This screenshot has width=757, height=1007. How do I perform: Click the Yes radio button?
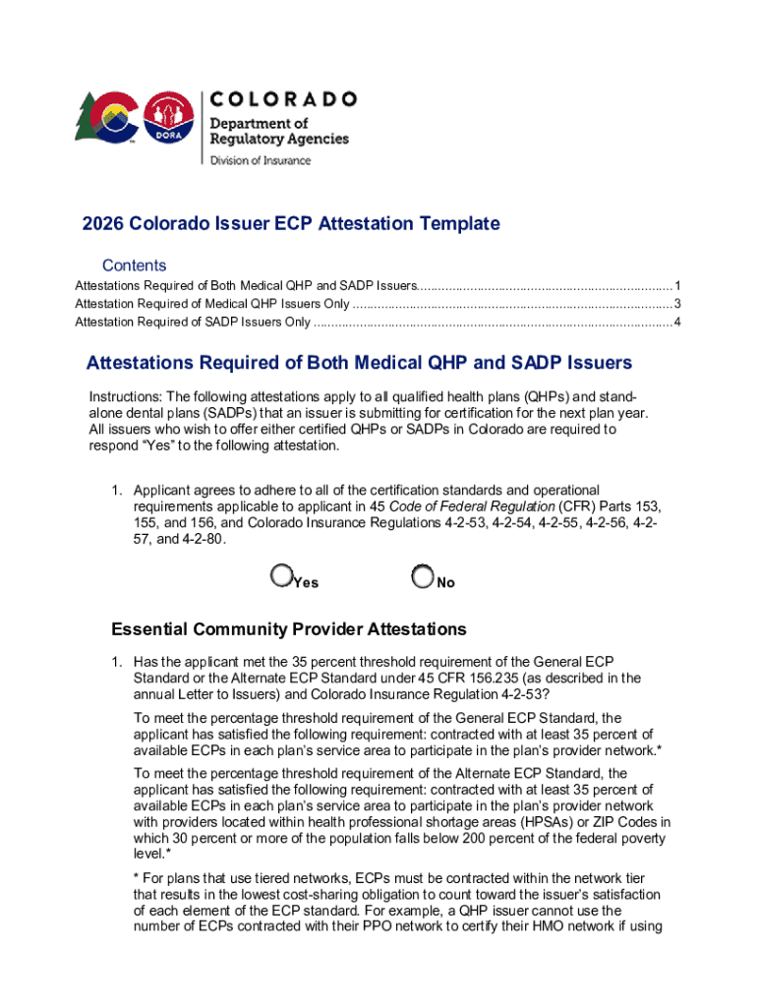pos(281,575)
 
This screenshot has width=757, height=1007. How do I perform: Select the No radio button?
pos(423,575)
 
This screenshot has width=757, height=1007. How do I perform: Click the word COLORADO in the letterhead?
pos(283,99)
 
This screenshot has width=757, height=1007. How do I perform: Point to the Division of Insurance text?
pos(261,160)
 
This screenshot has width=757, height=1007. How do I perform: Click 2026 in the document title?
pos(104,224)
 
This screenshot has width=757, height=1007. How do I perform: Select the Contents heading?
pos(135,266)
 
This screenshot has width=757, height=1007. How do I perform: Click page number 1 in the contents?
pos(677,286)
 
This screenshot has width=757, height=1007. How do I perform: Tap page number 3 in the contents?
pos(677,304)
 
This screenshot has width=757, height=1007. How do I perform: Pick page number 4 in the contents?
pos(677,323)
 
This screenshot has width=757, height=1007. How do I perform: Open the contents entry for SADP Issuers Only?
pos(193,323)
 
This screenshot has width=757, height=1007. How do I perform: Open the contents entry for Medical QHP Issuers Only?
pos(211,304)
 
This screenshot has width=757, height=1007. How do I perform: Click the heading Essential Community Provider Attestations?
pos(289,629)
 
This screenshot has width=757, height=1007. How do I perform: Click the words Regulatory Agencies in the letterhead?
pos(279,139)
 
